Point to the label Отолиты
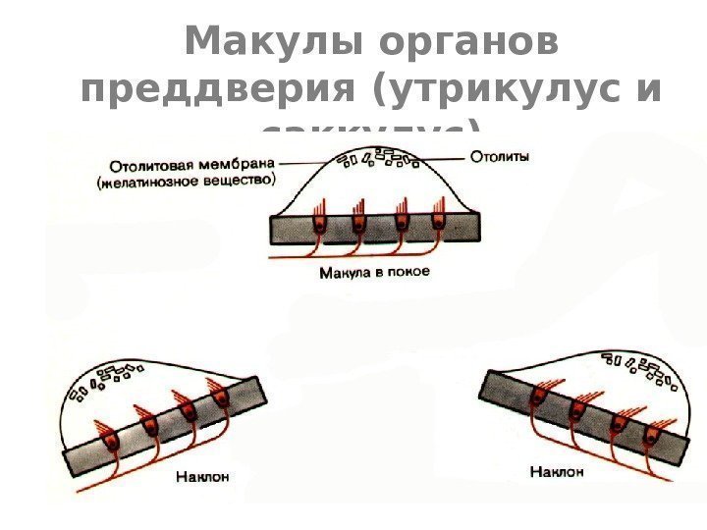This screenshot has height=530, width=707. [x=501, y=155]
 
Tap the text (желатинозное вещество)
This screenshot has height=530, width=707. [x=186, y=180]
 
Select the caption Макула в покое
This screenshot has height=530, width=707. [x=374, y=272]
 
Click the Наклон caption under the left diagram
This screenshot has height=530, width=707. [x=203, y=478]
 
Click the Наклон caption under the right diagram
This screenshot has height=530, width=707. [x=557, y=472]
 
